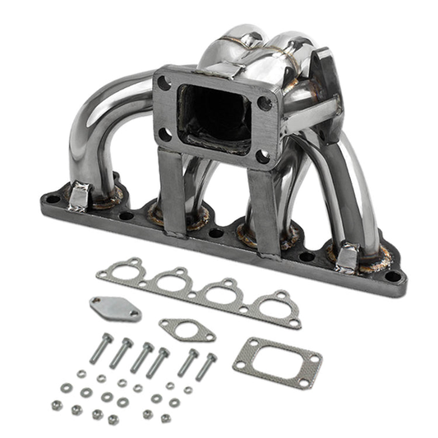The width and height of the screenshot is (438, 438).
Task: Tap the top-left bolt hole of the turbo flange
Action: pos(165,83)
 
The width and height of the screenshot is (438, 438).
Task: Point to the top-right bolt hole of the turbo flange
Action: pos(265,104)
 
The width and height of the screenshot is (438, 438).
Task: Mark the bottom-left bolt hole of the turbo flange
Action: pos(166,134)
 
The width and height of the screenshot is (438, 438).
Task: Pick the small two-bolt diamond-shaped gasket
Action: pos(187,330)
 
